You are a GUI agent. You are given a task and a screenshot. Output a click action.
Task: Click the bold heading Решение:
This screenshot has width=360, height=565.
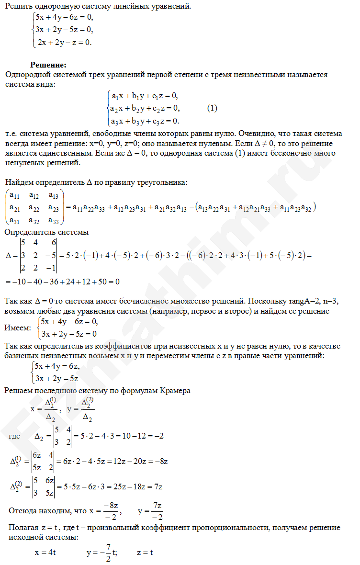pos(48,65)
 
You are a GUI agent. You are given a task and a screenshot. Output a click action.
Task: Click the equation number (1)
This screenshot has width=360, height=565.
pos(212,108)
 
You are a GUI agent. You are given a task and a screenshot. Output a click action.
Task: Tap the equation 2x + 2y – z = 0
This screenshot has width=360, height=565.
pos(64,42)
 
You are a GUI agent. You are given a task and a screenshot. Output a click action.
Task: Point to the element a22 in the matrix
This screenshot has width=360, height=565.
pos(34,207)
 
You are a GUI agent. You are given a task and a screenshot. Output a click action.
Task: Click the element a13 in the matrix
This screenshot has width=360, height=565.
pos(54,195)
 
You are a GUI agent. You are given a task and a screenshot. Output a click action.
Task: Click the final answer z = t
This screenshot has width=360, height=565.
pos(145,552)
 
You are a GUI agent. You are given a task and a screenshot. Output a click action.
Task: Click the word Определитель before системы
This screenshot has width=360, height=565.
pos(30,232)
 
